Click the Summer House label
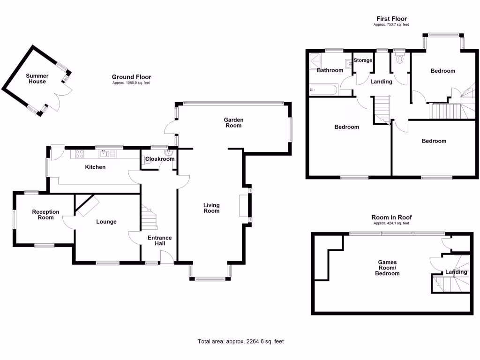pos(37,79)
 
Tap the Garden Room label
pos(233,123)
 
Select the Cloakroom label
pos(160,159)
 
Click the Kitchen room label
pos(95,167)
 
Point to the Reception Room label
pos(45,215)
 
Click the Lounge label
pos(106,222)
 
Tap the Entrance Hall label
pos(160,240)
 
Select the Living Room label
pos(211,208)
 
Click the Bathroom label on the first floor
pos(330,71)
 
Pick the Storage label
pos(363,60)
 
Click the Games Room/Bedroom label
pos(388,268)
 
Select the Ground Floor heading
pos(131,77)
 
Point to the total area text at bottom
pos(241,341)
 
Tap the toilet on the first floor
pos(400,59)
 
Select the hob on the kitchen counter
pos(77,153)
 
